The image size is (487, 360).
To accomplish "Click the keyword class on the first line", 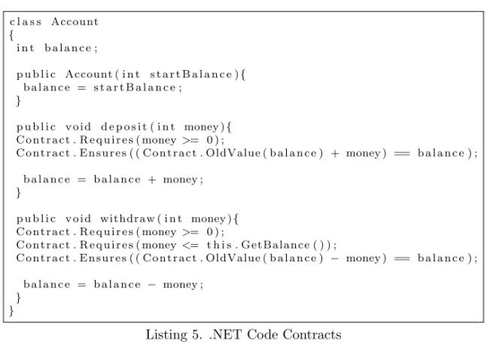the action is point(26,22).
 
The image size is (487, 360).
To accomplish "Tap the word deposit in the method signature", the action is point(123,127).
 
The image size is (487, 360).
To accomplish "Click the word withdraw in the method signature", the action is point(127,219).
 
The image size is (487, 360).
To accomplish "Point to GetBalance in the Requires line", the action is point(275,245).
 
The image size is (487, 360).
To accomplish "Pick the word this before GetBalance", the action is point(219,245).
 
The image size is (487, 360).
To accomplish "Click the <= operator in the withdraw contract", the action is point(190,246).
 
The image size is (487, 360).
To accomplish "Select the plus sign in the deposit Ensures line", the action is point(335,154).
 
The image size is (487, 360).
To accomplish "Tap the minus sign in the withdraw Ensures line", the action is point(335,258).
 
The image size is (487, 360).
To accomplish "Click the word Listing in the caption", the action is point(166,335).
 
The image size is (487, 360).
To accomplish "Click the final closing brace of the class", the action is point(11,311).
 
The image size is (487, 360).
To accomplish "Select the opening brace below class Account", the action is point(11,35).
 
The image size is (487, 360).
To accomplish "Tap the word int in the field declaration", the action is point(25,48).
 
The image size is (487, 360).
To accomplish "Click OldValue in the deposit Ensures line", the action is point(233,154).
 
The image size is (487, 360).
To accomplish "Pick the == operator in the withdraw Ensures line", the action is point(402,258).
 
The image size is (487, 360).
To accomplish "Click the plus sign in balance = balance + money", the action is point(152,180).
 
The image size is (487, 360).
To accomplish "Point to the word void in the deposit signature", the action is point(78,127).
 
